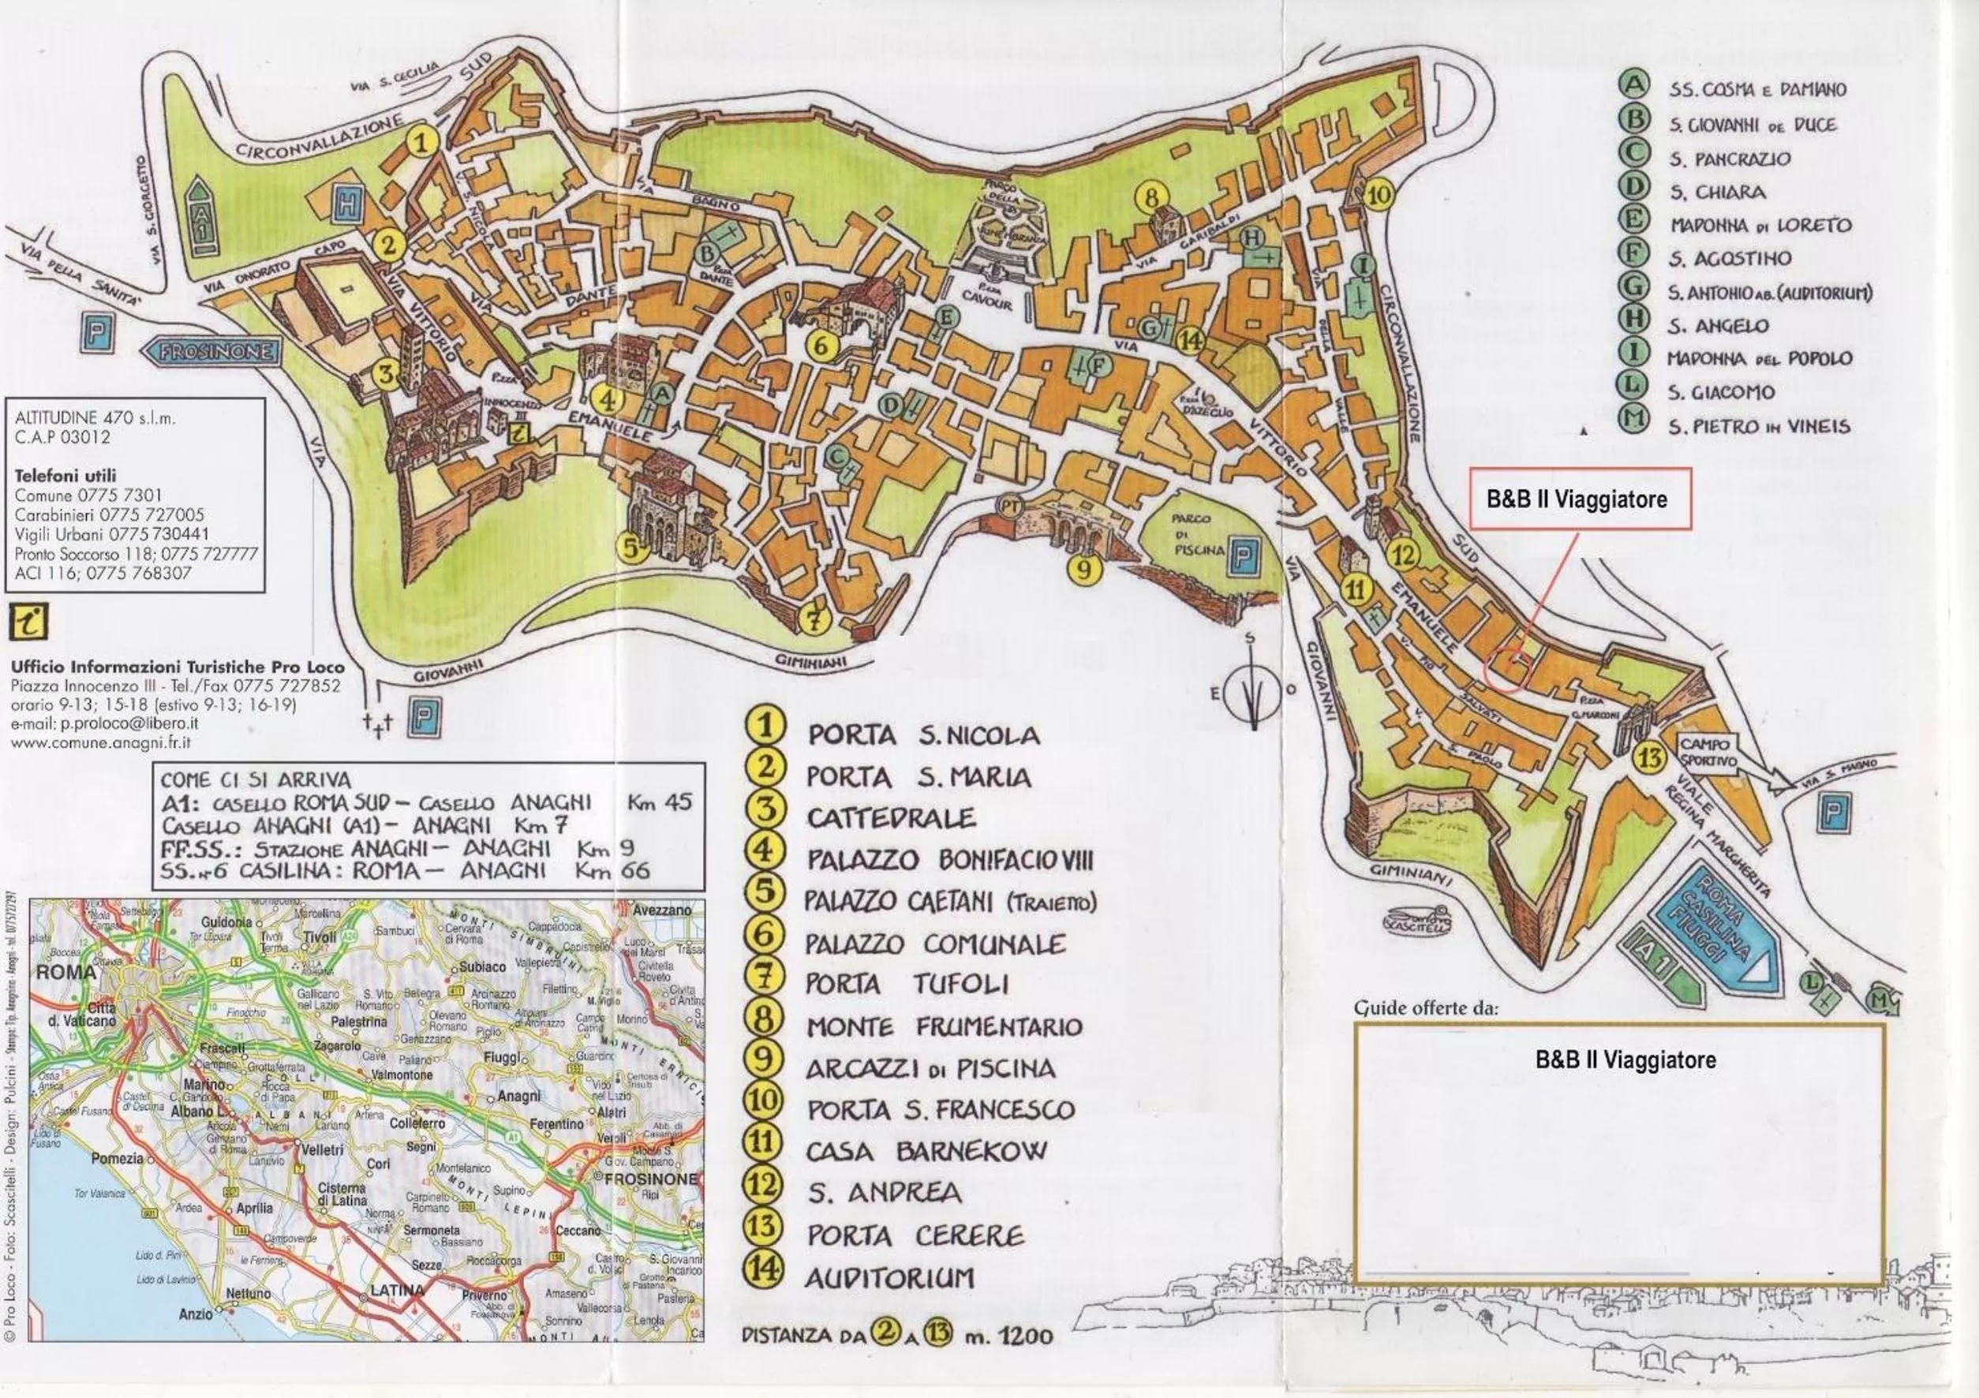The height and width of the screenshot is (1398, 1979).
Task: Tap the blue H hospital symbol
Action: [x=348, y=204]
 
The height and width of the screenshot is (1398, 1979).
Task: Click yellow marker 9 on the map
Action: [x=1084, y=569]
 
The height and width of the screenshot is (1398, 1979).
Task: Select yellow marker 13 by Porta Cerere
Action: [x=1651, y=758]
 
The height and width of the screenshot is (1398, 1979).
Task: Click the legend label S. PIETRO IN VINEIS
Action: [x=1758, y=426]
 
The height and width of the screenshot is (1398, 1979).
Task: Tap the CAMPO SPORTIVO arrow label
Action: [x=1710, y=753]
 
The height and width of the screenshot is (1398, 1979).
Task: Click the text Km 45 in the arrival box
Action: [x=660, y=802]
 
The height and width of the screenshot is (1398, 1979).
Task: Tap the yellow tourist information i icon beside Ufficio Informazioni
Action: [x=29, y=621]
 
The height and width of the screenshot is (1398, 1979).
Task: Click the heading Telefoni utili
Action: [x=65, y=476]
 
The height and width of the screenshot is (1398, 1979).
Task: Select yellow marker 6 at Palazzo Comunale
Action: [x=821, y=346]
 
